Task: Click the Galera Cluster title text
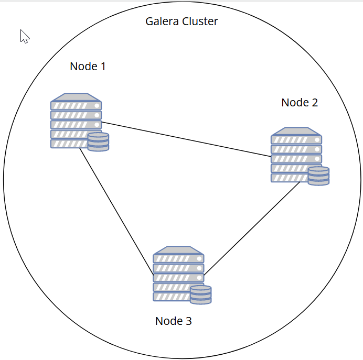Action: click(181, 21)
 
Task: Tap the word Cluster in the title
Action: click(200, 21)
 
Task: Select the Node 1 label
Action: click(88, 67)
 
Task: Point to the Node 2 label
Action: click(300, 103)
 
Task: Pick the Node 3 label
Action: click(173, 321)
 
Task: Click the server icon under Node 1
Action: click(76, 121)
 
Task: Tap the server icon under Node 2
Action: click(296, 155)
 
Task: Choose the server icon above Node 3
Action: click(178, 274)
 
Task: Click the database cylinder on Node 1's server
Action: click(98, 142)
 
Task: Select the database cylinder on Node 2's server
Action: click(318, 176)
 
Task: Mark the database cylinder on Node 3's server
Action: click(200, 295)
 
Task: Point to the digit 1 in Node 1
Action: click(103, 67)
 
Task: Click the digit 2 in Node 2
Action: click(314, 103)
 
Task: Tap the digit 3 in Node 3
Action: click(188, 321)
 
